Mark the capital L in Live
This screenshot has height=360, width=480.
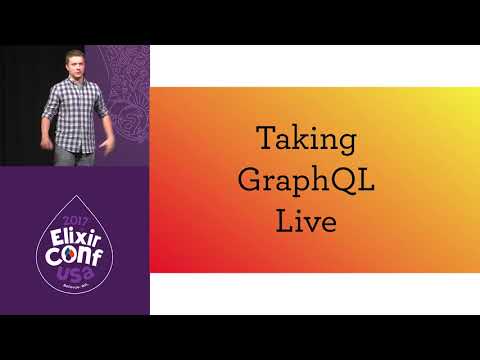click(284, 219)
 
